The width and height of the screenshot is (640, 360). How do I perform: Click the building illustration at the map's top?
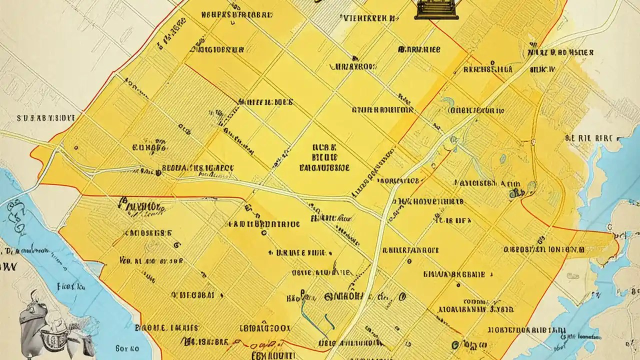pyautogui.click(x=436, y=10)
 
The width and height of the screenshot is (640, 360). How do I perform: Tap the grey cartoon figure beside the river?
pyautogui.click(x=55, y=322)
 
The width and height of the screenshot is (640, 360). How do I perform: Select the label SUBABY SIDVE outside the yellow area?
pyautogui.click(x=46, y=118)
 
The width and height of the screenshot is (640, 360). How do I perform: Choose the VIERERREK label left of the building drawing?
pyautogui.click(x=366, y=18)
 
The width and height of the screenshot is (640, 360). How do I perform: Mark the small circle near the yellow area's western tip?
pyautogui.click(x=75, y=148)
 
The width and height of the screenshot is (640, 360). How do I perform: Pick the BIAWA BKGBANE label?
pyautogui.click(x=454, y=274)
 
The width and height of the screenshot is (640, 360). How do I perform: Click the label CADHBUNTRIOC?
pyautogui.click(x=263, y=224)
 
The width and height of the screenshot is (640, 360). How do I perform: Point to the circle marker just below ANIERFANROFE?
pyautogui.click(x=409, y=260)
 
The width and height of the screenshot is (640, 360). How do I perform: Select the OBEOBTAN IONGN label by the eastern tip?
pyautogui.click(x=544, y=248)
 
